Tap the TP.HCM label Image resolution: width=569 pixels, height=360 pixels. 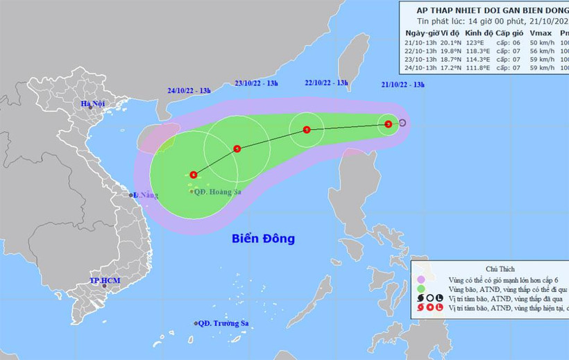(105, 280)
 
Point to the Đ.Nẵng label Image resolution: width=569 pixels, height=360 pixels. (146, 195)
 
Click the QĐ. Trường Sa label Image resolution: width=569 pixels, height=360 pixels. (223, 323)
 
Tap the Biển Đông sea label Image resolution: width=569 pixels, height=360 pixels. (263, 239)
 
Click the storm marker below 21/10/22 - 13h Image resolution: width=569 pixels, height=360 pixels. (389, 124)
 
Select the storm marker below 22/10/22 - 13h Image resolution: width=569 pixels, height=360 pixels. (307, 130)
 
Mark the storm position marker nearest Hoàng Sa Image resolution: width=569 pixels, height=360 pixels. (193, 175)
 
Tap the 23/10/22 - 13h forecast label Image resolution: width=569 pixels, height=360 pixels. (257, 83)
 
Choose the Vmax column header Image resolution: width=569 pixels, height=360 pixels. (540, 33)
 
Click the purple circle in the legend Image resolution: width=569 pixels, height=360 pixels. (420, 277)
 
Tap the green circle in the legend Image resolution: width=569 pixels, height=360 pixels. (420, 287)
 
